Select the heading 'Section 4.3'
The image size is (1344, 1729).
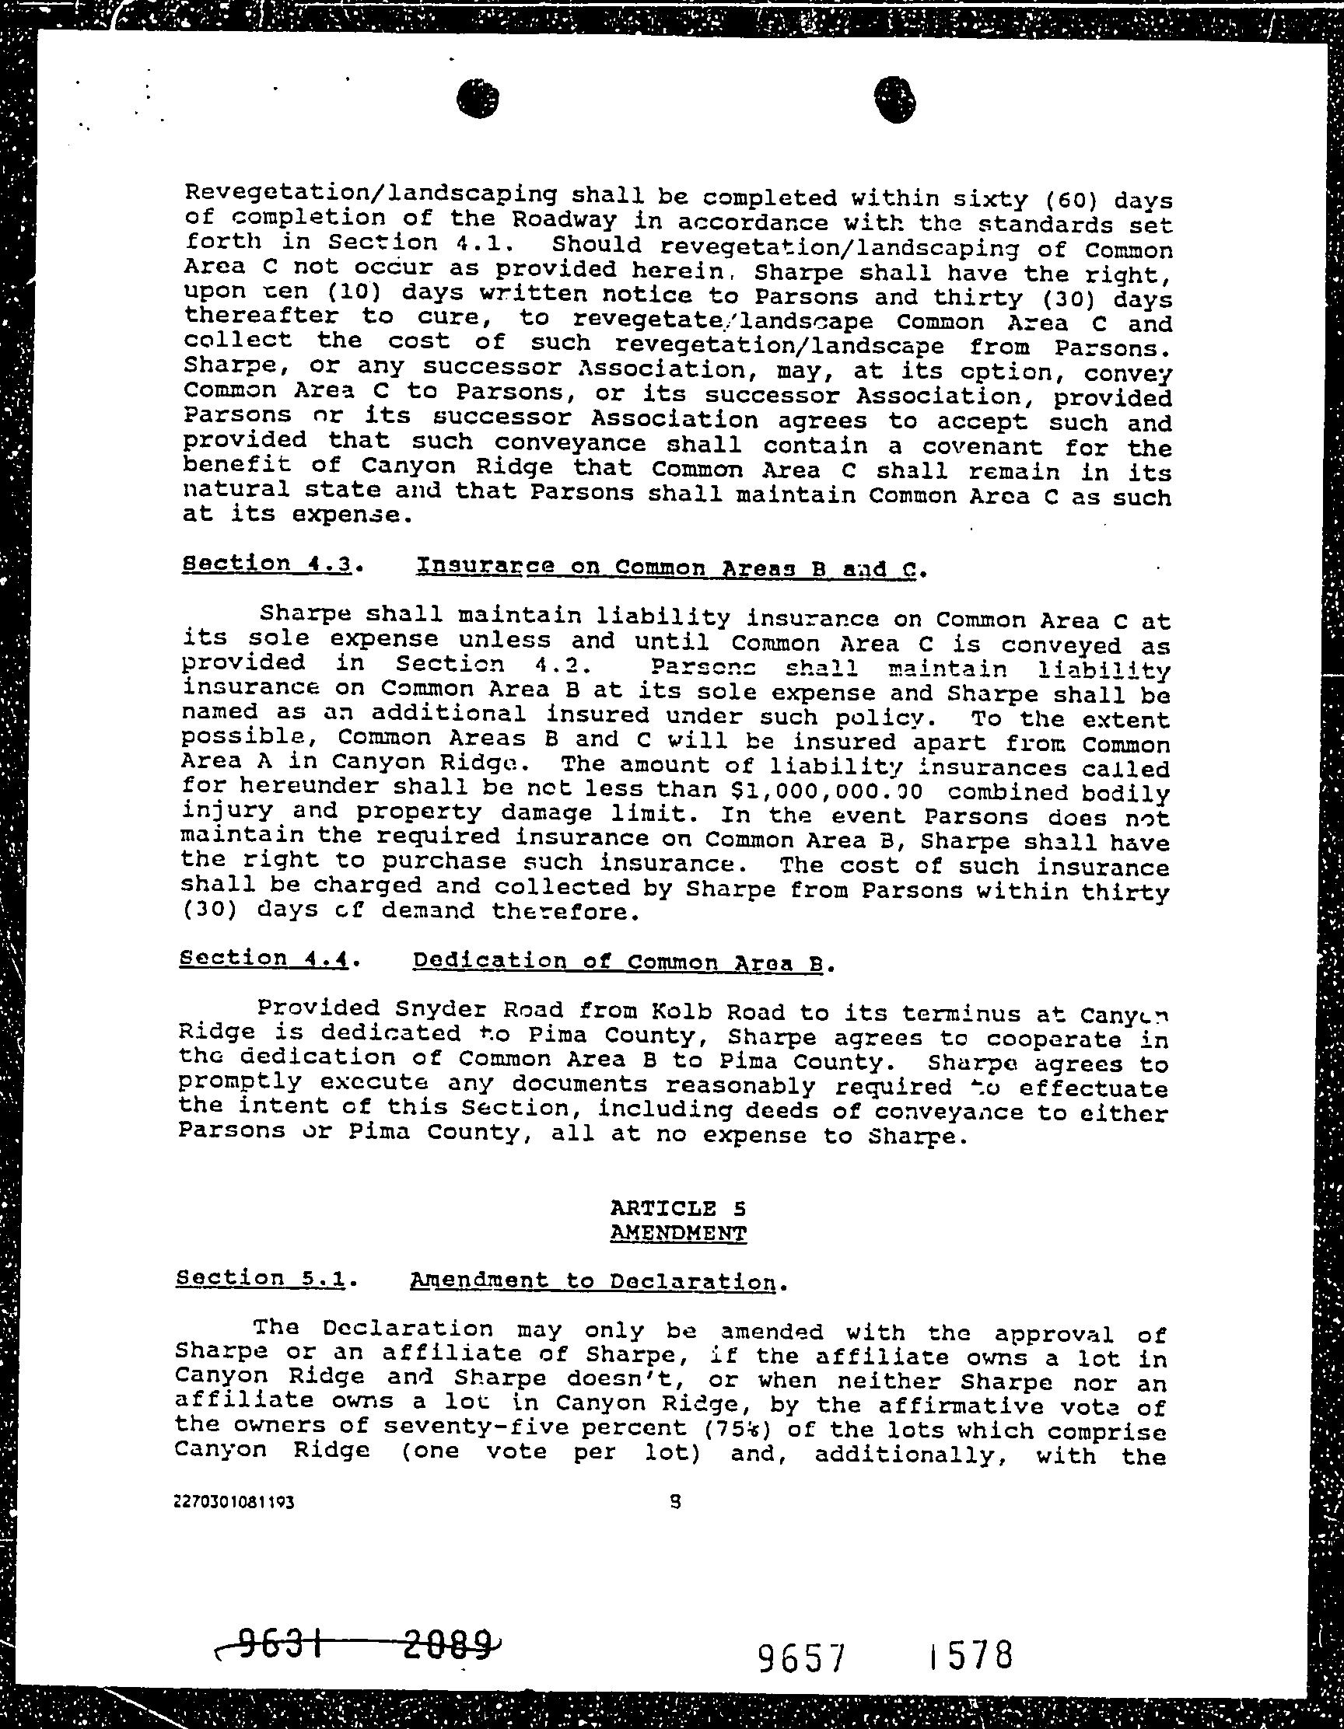[x=268, y=564]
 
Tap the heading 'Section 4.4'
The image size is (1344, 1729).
[x=264, y=959]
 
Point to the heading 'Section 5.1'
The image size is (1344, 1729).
[x=261, y=1279]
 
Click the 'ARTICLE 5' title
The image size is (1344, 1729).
[x=677, y=1208]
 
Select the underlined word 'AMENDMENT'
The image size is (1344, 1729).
[x=679, y=1234]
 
